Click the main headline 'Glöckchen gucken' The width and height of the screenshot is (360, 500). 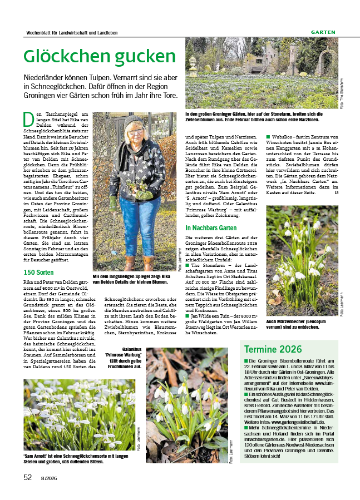[100, 57]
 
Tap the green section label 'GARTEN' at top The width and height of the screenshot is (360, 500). [323, 32]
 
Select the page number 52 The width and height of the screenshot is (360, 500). [28, 477]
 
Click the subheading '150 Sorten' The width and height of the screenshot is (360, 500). [39, 273]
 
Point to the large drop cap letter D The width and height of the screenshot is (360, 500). [28, 118]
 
